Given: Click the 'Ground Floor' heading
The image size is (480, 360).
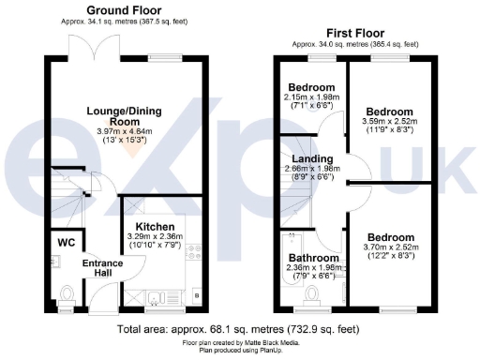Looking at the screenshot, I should pyautogui.click(x=124, y=9).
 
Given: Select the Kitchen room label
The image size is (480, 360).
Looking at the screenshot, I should pyautogui.click(x=152, y=228).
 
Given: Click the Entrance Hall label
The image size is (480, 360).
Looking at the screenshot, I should pyautogui.click(x=96, y=268).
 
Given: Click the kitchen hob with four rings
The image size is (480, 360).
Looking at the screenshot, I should pyautogui.click(x=195, y=252).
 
